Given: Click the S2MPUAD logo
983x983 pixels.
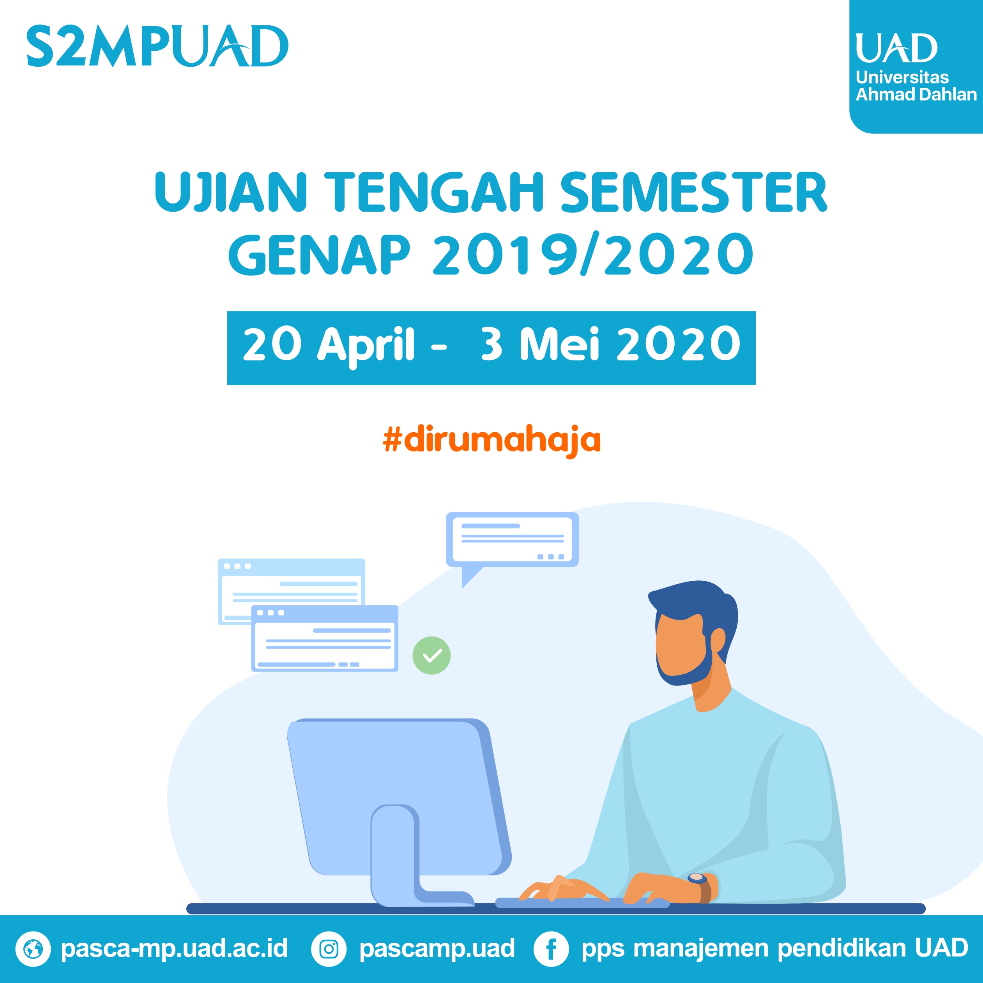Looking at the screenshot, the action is click(x=157, y=46).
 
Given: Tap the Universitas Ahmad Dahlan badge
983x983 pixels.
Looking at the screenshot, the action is click(x=916, y=67).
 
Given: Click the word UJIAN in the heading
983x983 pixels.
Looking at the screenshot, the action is click(x=231, y=192).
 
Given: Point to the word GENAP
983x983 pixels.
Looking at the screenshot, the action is click(x=319, y=255).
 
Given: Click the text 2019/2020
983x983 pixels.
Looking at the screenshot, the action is click(x=593, y=255).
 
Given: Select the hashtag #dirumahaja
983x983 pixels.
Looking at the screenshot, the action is click(x=491, y=440).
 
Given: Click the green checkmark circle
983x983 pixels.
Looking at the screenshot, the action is click(x=431, y=656).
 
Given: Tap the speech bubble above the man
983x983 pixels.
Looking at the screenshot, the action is click(x=512, y=545).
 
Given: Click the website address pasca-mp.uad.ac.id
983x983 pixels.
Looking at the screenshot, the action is click(x=174, y=948).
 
